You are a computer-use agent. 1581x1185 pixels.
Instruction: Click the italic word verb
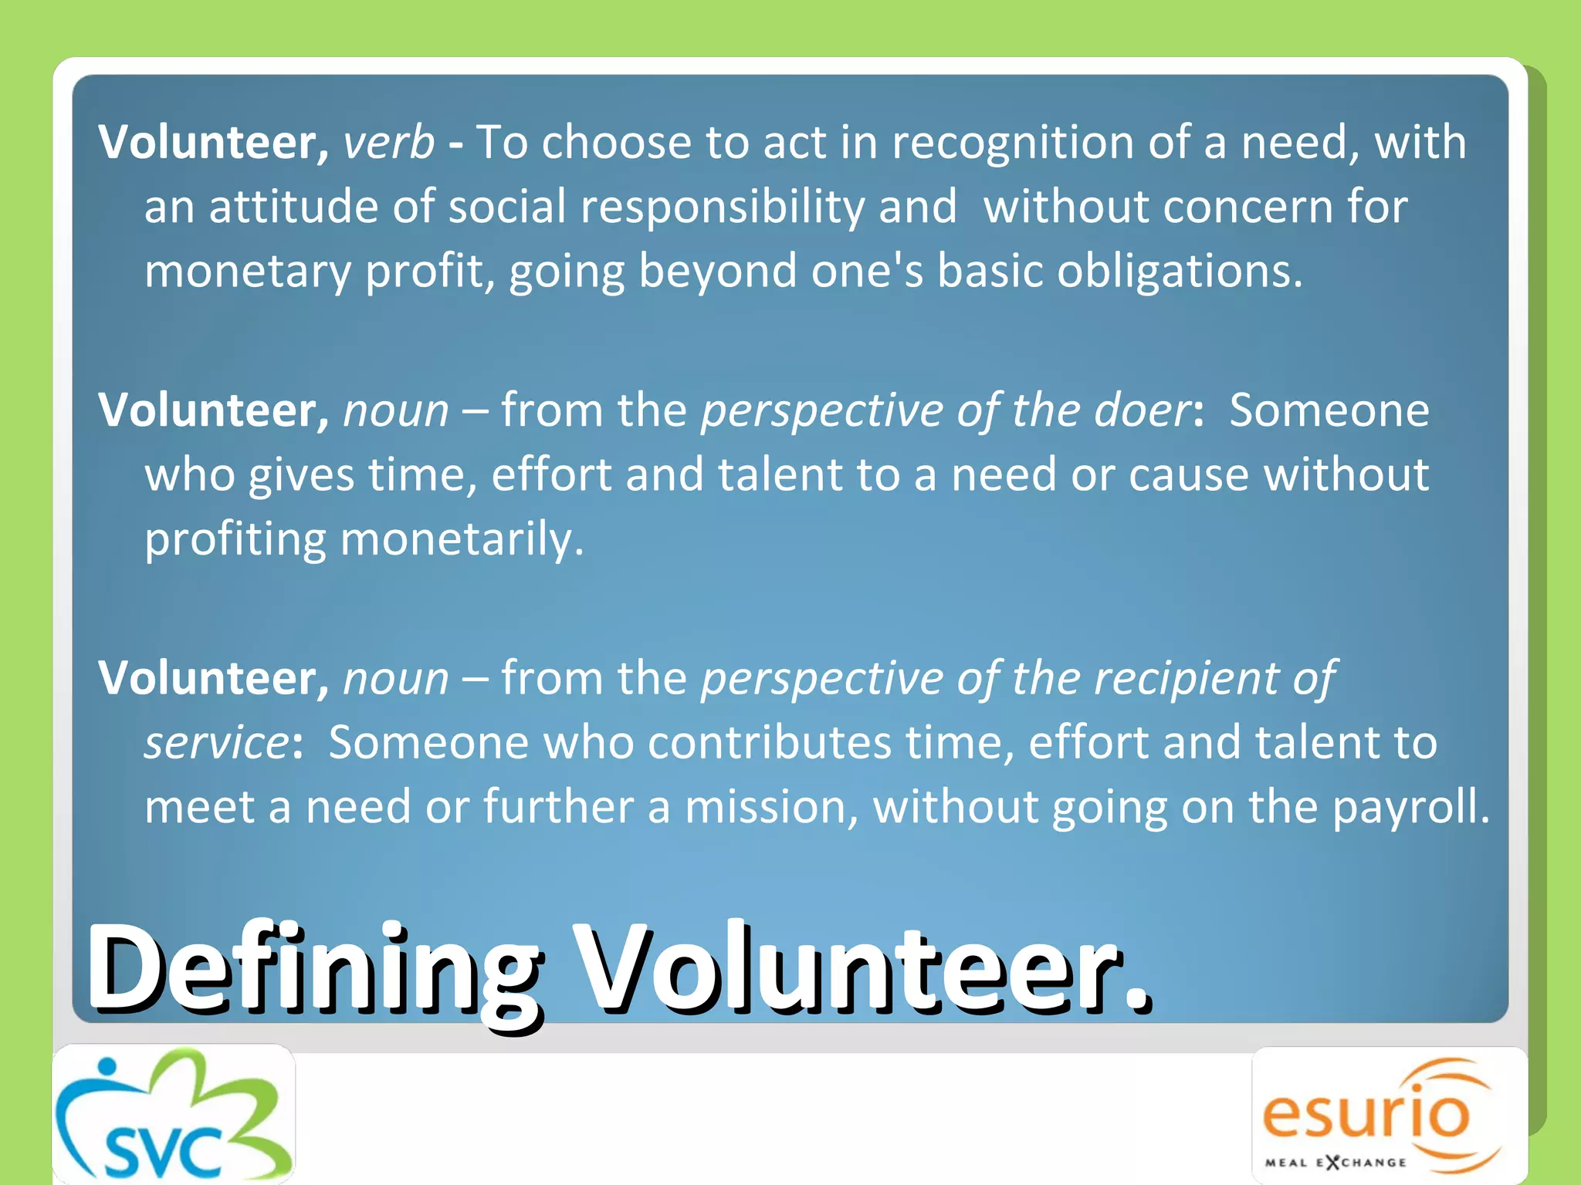388,143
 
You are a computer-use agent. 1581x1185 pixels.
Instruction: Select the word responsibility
722,208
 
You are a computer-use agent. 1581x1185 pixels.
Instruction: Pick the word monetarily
462,538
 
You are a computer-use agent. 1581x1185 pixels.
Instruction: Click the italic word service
217,743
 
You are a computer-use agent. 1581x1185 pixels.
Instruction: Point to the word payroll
1411,807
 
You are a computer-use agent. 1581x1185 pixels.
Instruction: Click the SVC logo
174,1115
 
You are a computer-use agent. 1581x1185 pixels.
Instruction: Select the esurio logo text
1366,1113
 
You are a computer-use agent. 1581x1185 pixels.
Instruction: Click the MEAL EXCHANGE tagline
1335,1162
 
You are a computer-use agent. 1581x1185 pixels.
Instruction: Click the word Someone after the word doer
1329,410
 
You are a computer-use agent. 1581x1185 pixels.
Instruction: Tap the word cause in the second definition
1188,474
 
